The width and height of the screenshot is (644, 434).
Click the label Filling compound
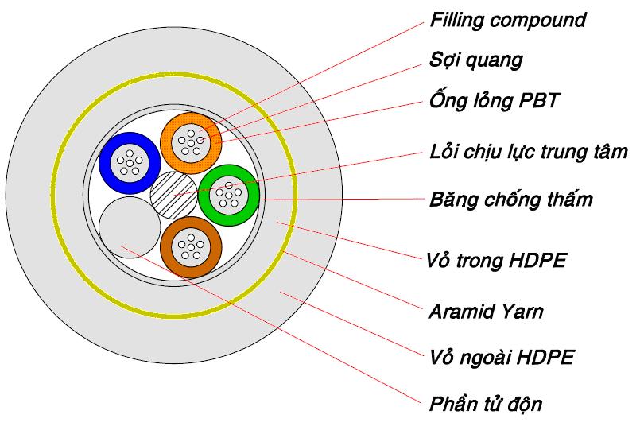tap(507, 20)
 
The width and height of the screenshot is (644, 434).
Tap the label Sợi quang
tap(475, 60)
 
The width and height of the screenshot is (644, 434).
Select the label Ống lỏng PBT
tap(494, 102)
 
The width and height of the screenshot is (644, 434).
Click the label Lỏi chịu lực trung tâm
tap(529, 151)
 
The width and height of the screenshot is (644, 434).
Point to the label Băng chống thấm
tap(511, 199)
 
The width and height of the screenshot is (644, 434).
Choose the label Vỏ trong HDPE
tap(497, 260)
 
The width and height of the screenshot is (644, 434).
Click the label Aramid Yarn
tap(487, 311)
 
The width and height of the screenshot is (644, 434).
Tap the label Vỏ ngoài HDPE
tap(501, 358)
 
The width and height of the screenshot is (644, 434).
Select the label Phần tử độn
tap(486, 404)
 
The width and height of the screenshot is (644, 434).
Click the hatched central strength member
tap(173, 194)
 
